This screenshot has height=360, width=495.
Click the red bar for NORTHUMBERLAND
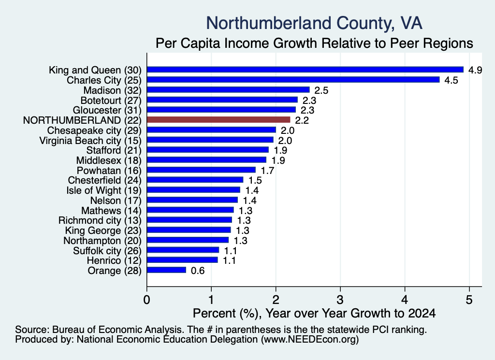(218, 120)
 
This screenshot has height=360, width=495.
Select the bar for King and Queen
(306, 70)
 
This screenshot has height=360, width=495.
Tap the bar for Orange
(166, 270)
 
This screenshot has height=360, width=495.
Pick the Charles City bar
(293, 80)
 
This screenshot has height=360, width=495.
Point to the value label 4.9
(475, 70)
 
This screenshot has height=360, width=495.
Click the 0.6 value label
(198, 271)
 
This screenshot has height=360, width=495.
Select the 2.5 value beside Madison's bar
(321, 90)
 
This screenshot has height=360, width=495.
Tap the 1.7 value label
(267, 171)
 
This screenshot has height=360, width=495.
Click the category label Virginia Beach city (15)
(90, 141)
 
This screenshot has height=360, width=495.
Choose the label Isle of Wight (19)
(104, 190)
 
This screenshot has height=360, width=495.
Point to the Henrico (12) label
(114, 260)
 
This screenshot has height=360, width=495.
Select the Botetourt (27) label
(111, 101)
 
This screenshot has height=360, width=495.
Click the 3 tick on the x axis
(340, 300)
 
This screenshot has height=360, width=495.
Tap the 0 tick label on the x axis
(146, 300)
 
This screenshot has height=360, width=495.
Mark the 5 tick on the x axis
(469, 300)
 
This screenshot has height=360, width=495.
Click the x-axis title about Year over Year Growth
(314, 313)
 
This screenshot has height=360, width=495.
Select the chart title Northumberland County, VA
(314, 23)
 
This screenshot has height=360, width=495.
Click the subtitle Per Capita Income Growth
(314, 43)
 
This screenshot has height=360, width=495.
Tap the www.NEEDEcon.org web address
(310, 340)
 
